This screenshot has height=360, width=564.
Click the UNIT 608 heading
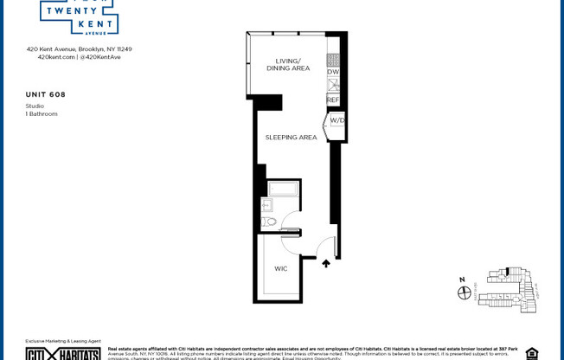point(46,94)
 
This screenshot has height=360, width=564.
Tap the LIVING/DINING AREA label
point(288,65)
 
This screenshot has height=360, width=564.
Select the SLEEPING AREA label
point(291,137)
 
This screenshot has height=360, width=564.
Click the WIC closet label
point(281,268)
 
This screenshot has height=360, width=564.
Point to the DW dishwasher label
point(333,72)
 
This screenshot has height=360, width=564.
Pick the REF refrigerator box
point(333,100)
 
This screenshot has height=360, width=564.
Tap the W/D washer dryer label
point(337,120)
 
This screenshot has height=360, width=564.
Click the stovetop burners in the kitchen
point(333,60)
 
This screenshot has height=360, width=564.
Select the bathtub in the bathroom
point(283,189)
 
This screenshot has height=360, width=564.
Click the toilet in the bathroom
point(269,222)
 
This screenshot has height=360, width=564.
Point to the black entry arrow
point(326,262)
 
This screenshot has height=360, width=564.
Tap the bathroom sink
point(267,205)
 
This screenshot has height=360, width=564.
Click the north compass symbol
point(465,292)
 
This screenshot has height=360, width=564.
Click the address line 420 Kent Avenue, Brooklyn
point(79,49)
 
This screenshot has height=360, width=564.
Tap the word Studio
point(35,106)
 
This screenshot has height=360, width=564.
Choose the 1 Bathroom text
point(42,113)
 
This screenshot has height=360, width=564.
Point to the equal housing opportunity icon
point(531,353)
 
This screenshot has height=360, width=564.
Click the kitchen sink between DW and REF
point(333,85)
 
